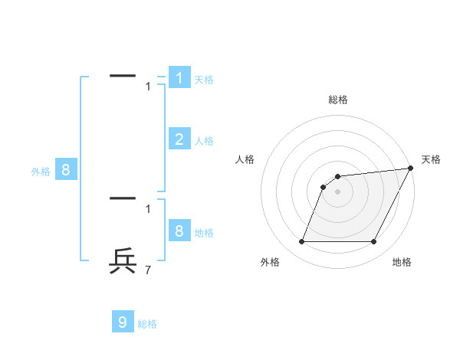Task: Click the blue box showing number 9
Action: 123,322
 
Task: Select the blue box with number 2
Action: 179,139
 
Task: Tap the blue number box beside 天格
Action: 179,77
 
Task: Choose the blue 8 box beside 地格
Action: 179,231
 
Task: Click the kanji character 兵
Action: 123,260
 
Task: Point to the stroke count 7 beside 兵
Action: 148,270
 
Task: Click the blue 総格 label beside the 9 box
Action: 147,324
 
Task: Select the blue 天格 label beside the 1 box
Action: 204,80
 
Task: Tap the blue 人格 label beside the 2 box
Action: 204,141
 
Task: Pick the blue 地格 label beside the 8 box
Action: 204,233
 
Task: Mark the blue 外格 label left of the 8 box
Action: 41,172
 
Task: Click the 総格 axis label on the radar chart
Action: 338,100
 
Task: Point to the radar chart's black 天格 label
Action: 431,159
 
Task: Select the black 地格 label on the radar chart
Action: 402,262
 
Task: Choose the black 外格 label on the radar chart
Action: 270,262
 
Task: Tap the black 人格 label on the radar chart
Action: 245,159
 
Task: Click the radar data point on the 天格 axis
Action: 410,169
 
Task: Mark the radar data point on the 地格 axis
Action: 374,242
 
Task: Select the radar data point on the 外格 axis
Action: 301,242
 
